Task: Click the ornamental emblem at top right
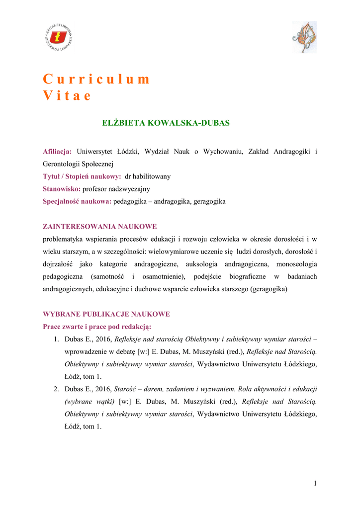(304, 37)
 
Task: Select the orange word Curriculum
(96, 80)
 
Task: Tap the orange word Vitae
(67, 96)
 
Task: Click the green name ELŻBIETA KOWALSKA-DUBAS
(166, 123)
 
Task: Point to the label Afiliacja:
(57, 151)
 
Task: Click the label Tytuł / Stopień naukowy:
(82, 176)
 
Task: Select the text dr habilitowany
(148, 176)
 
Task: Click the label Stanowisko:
(62, 189)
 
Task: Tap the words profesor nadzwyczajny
(116, 189)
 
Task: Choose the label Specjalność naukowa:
(77, 202)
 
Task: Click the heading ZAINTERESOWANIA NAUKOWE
(100, 226)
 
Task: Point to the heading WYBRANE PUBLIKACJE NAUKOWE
(106, 314)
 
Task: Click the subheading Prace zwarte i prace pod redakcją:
(97, 327)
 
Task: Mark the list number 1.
(56, 339)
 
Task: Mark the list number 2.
(56, 389)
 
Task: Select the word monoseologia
(293, 264)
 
